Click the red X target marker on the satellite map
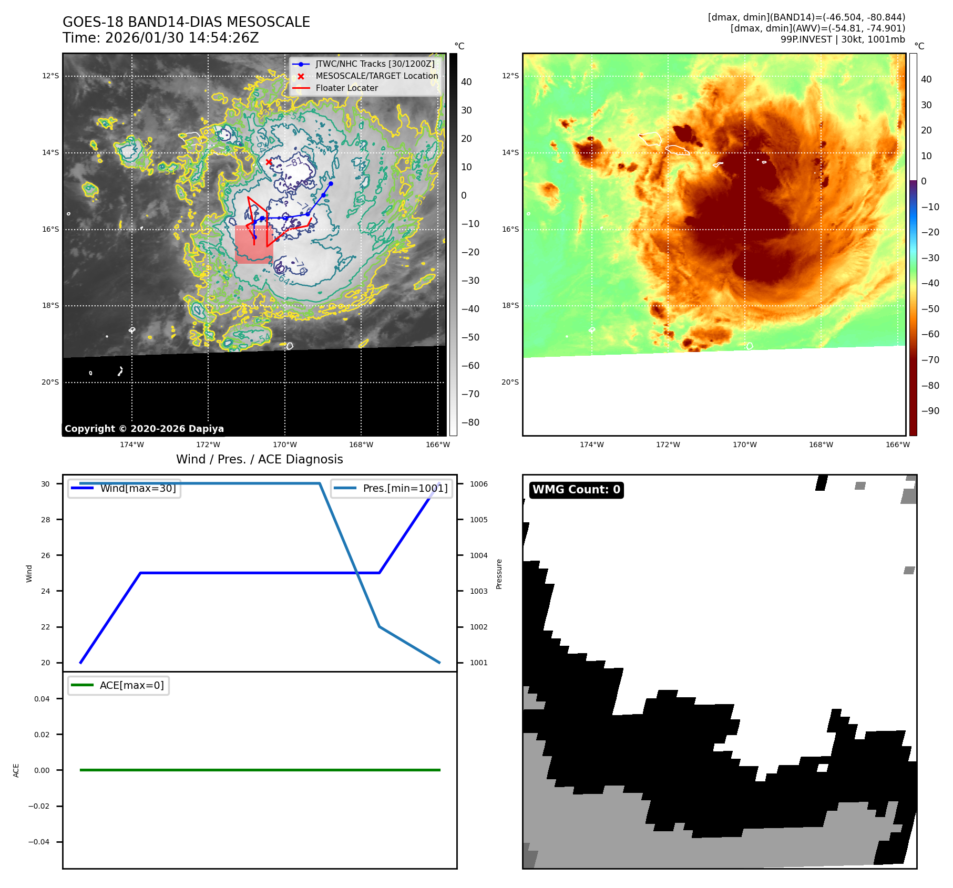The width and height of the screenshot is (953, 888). coord(269,162)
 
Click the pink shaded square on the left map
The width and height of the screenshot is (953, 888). coord(254,245)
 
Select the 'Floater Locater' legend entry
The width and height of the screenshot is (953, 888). coord(346,88)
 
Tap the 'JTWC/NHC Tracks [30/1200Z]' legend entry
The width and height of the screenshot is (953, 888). coord(375,64)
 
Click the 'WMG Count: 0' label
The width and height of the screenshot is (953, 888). coord(576,490)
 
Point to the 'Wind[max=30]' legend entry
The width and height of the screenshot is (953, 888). coord(138,489)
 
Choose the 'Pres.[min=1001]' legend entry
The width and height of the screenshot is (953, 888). coord(405,489)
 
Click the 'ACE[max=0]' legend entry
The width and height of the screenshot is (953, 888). coord(131,686)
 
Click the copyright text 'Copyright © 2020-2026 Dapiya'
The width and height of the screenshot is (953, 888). coord(144,429)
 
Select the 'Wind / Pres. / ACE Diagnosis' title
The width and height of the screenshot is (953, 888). coord(259,460)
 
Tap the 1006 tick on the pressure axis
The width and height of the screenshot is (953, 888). coord(478,484)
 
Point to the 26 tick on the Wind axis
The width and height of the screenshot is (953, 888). coord(46,555)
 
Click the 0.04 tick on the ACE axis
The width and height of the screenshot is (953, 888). coord(42,699)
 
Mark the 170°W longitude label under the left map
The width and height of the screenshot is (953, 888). coord(284,445)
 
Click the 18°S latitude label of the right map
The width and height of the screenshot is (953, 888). coord(510,306)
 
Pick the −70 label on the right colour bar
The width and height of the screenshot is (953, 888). coord(930,360)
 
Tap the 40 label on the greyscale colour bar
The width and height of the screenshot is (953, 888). coord(466,82)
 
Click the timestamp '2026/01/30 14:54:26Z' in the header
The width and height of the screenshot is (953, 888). coord(182,38)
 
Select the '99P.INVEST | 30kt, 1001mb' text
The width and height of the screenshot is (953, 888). coord(842,39)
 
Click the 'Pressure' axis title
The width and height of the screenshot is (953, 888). coord(499,574)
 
